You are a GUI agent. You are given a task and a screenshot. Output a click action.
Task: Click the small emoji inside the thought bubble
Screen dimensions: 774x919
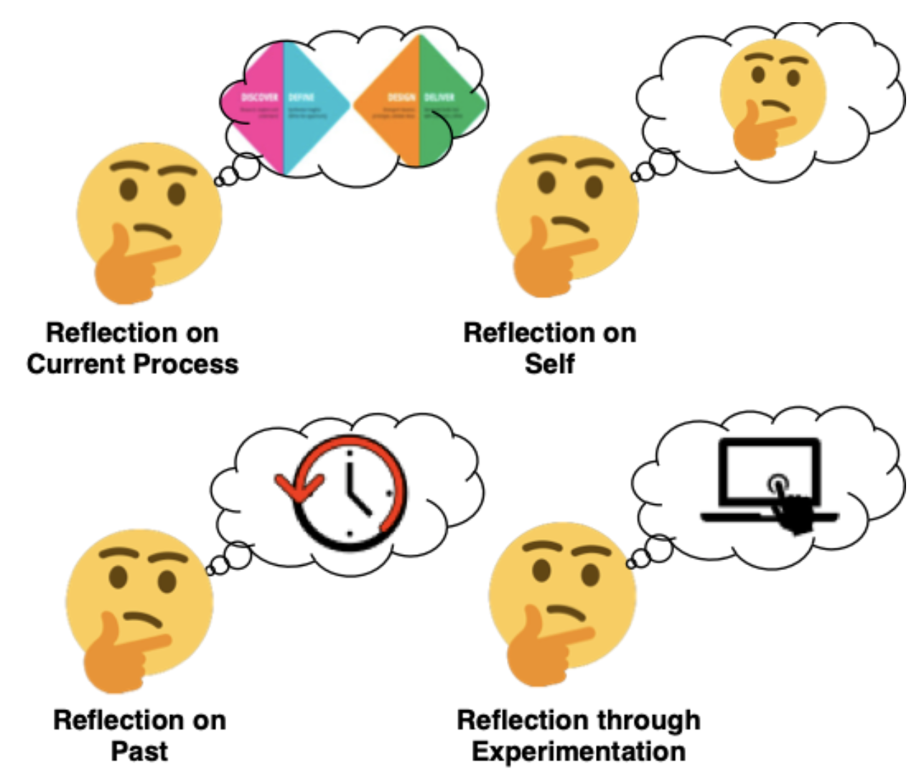(x=772, y=97)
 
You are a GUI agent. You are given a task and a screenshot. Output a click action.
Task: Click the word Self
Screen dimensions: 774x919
(x=549, y=364)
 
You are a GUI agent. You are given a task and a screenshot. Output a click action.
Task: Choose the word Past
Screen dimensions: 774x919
(x=139, y=751)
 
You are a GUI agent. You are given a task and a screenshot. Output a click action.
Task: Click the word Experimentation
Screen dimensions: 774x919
(x=579, y=751)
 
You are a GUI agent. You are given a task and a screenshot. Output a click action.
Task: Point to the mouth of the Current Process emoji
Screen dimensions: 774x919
(x=153, y=231)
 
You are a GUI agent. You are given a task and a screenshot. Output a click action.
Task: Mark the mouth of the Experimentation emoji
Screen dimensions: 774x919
(x=567, y=612)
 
